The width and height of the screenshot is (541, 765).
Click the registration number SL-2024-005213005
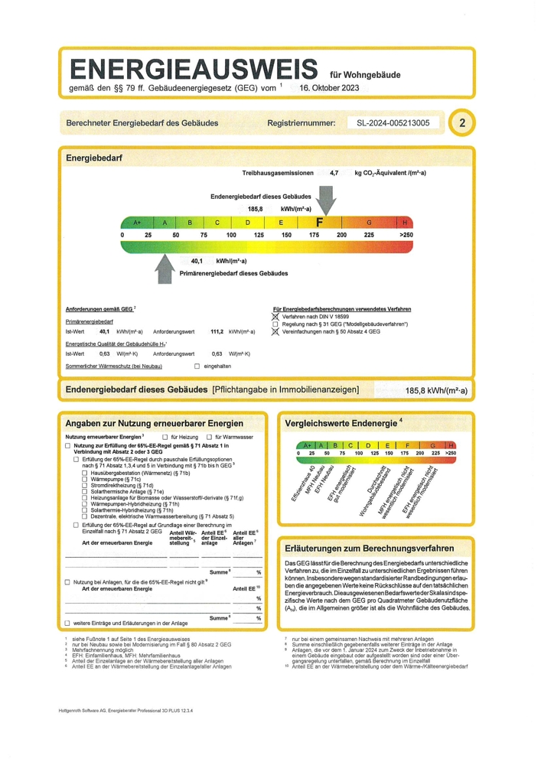click(x=388, y=123)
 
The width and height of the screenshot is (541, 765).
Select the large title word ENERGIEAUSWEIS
click(x=194, y=69)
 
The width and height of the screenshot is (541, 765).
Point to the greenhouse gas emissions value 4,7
click(x=334, y=174)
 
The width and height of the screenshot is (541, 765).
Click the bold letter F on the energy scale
click(x=321, y=222)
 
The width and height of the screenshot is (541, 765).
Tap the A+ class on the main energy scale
click(x=137, y=223)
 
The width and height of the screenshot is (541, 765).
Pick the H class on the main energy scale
click(x=405, y=223)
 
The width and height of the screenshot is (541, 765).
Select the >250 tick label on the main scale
click(x=405, y=235)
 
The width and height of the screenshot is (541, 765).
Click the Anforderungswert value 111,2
click(x=217, y=331)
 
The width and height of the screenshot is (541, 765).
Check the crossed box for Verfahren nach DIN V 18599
click(x=275, y=316)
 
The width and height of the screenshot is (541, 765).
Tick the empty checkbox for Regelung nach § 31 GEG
click(x=275, y=324)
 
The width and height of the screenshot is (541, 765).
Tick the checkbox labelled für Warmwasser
click(x=199, y=437)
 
